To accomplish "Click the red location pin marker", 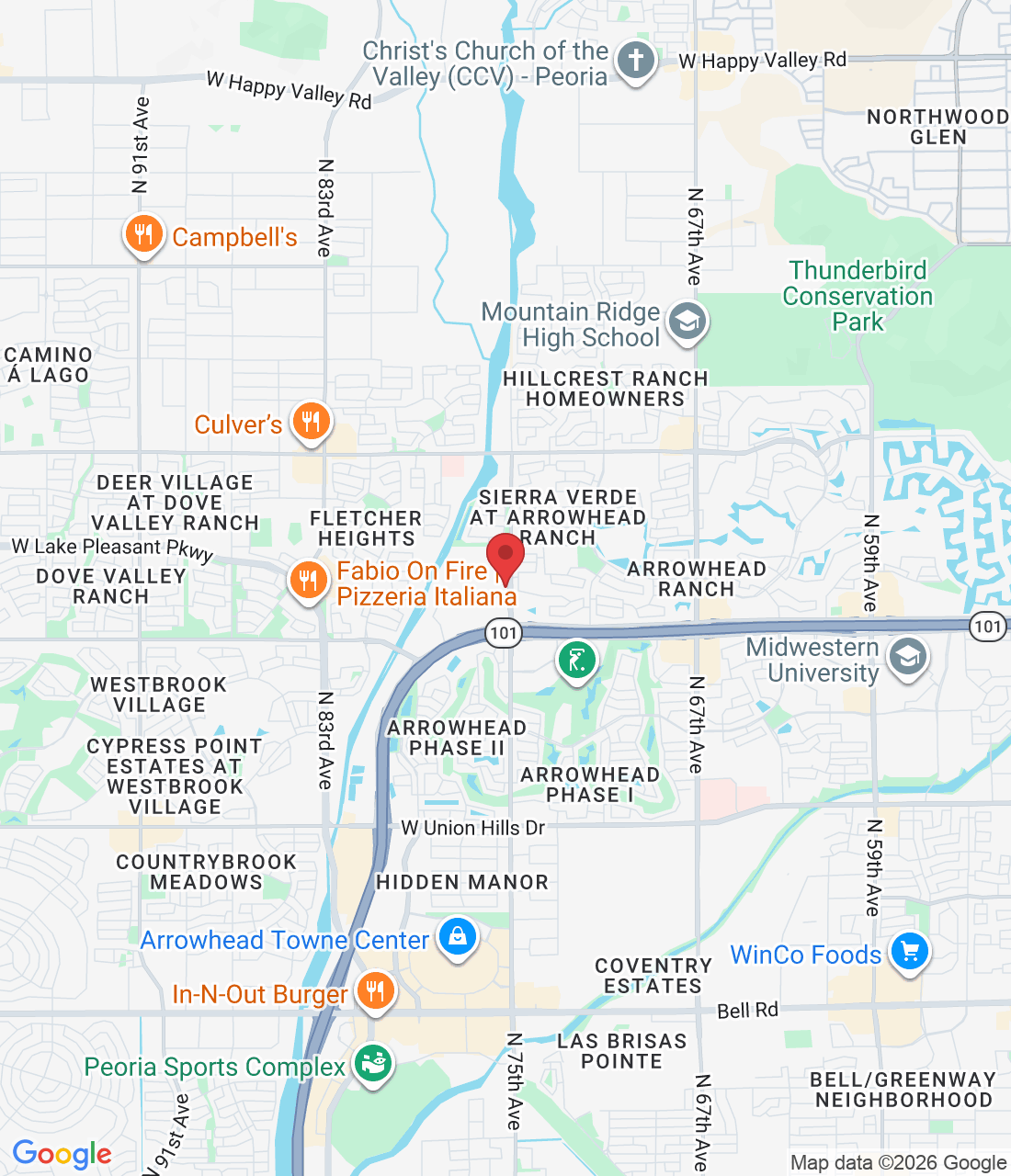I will click(x=505, y=556).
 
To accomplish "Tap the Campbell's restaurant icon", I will click(x=143, y=235).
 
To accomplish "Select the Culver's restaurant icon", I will click(x=311, y=422).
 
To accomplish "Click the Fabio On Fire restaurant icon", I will click(x=308, y=581).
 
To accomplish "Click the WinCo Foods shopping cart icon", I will click(x=910, y=953).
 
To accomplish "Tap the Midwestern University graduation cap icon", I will click(x=908, y=658).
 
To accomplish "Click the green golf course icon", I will click(x=576, y=660).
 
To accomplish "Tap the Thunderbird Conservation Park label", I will click(x=858, y=296).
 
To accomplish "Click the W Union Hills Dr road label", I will click(x=473, y=828).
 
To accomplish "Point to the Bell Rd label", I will click(x=747, y=1011).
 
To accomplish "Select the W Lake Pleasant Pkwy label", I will click(x=112, y=548).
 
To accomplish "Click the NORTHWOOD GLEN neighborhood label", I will click(x=937, y=127).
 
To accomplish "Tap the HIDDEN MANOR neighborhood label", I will click(x=462, y=882).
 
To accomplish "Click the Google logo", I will click(x=62, y=1154).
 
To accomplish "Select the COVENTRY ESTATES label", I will click(x=653, y=976).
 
